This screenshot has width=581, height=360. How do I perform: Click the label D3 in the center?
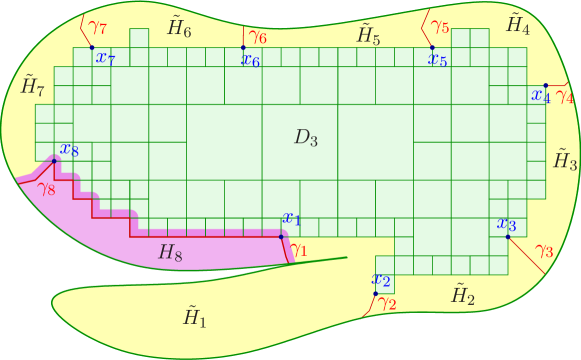(x=306, y=139)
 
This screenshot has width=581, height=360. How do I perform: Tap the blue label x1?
(x=292, y=218)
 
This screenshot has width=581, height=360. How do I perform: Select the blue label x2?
(x=381, y=279)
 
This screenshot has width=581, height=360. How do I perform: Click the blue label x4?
(x=541, y=97)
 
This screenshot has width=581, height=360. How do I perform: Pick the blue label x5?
(x=438, y=60)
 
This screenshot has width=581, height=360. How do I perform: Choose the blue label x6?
(x=251, y=60)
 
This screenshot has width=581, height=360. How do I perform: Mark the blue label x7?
(x=105, y=58)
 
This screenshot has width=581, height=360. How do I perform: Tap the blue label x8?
(x=69, y=150)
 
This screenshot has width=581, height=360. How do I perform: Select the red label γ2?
(x=388, y=304)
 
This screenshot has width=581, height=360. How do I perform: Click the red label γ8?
(x=46, y=187)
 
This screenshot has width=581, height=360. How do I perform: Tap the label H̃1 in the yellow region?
(x=193, y=317)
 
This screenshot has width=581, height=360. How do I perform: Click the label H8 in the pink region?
(x=171, y=254)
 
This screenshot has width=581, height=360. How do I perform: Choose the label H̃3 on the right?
(x=566, y=158)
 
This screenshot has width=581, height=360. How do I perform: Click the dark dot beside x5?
(x=432, y=47)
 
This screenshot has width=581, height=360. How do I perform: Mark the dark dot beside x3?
(x=508, y=236)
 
